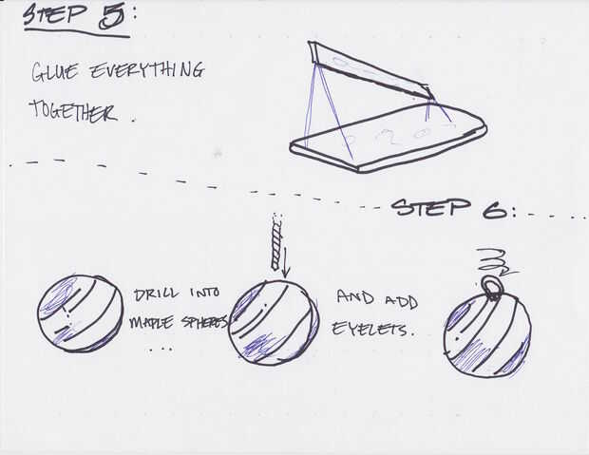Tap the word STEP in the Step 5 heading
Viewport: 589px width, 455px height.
click(55, 14)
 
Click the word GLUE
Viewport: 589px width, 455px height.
click(55, 71)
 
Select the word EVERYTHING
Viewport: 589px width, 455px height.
click(147, 70)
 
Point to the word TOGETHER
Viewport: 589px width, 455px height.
click(73, 110)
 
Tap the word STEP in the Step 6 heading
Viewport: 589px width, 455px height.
click(431, 207)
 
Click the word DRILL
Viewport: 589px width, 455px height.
click(156, 294)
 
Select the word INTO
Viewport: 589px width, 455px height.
click(205, 293)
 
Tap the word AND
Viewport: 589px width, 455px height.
click(355, 296)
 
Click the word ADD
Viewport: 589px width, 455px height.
click(402, 301)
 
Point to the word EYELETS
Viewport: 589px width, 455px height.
click(374, 329)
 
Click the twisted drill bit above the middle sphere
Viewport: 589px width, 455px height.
click(276, 241)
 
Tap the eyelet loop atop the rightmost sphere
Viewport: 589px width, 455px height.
click(490, 288)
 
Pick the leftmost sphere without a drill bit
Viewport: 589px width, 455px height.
click(81, 313)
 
